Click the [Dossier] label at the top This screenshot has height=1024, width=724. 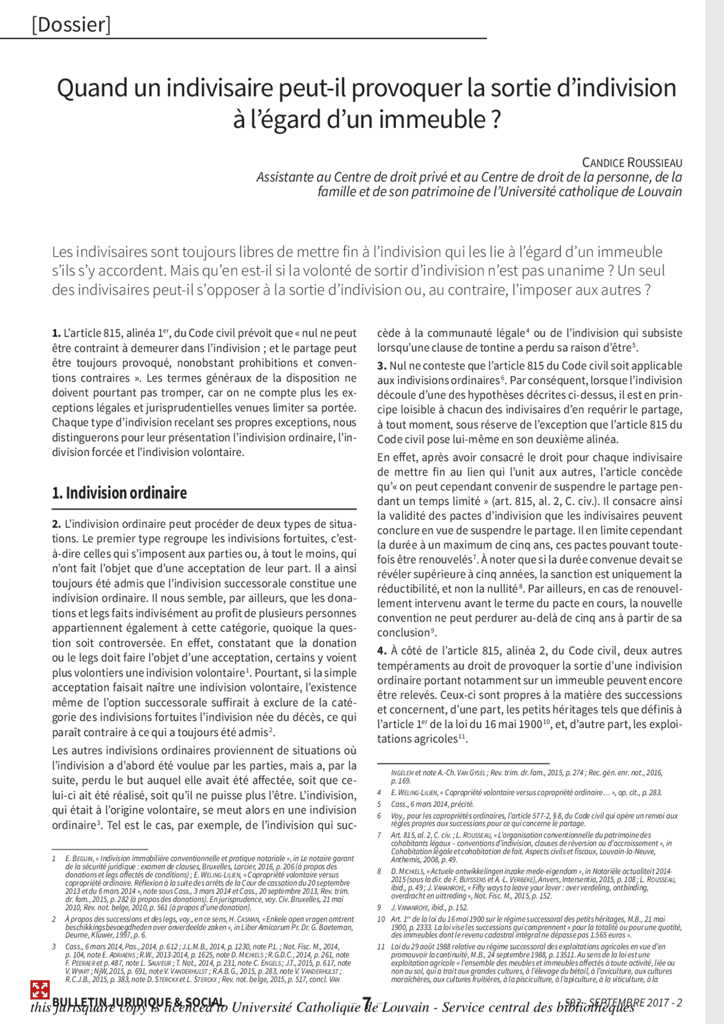point(71,25)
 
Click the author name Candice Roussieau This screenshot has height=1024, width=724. point(632,163)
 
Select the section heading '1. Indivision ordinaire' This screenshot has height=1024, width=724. point(119,493)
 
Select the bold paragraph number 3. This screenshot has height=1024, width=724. point(382,366)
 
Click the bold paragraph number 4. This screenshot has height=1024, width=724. point(382,651)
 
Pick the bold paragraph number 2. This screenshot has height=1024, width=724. point(57,524)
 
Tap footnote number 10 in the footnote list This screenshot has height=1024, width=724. point(381,919)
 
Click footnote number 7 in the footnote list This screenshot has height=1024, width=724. point(379,835)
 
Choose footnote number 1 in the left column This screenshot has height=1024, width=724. point(54,858)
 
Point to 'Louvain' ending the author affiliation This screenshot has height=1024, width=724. point(660,192)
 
